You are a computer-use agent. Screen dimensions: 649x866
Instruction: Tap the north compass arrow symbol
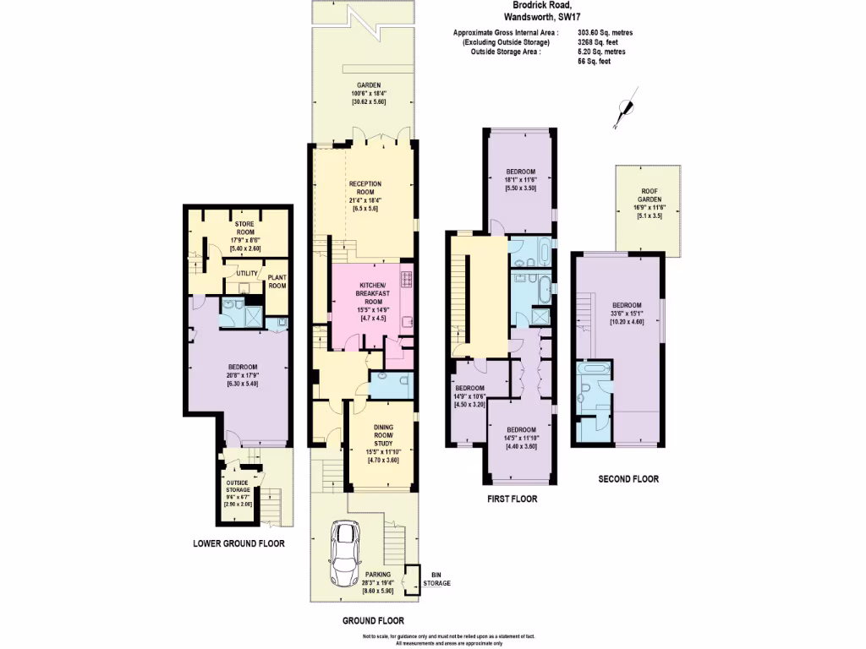(625, 107)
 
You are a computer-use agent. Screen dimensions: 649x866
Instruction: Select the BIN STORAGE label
(436, 580)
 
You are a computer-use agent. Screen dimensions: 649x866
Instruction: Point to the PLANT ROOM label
(277, 281)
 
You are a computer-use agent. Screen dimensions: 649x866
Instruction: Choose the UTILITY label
(247, 273)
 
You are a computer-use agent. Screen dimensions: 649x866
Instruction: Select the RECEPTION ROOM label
(364, 188)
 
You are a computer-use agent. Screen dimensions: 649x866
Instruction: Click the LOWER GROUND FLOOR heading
(238, 543)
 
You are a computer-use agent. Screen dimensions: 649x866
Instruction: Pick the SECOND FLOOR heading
(628, 479)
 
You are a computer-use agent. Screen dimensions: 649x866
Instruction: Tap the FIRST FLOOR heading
(512, 499)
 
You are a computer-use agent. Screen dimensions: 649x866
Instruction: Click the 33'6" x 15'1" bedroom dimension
(628, 313)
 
